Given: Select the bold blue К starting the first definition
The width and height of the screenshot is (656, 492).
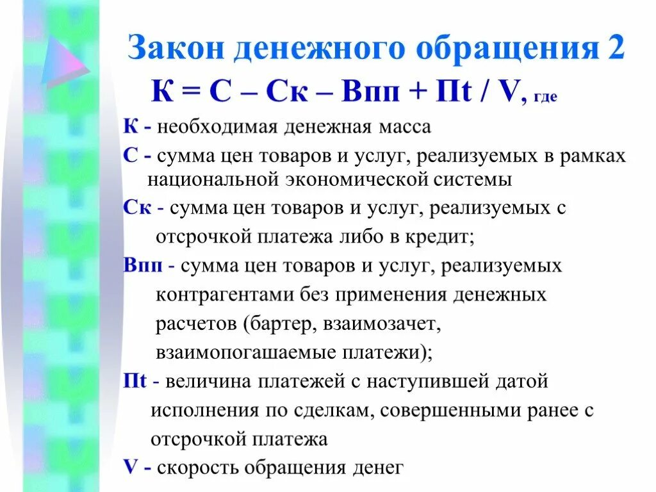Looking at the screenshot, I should coord(130,126).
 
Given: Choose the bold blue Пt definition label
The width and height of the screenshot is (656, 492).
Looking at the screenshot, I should coord(136,381).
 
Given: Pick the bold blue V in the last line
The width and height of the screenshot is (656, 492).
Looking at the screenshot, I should coord(131,467).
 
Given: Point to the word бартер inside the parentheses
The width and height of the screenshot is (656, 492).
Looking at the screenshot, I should coord(278,324).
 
